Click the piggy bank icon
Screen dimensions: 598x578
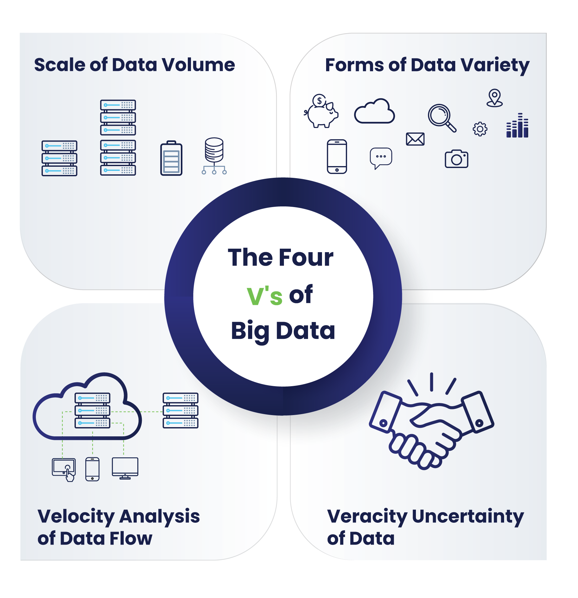[x=321, y=112]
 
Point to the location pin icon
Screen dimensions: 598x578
[x=495, y=98]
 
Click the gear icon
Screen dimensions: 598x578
[x=480, y=129]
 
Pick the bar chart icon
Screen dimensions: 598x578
[x=517, y=126]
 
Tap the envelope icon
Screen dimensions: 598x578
[x=415, y=139]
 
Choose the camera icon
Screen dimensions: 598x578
[x=456, y=159]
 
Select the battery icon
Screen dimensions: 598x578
[x=171, y=158]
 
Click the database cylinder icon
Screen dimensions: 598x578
[x=214, y=156]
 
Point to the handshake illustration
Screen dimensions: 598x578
[x=431, y=422]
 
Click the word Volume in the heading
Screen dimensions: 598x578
[x=199, y=65]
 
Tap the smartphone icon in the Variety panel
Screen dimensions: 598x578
[x=337, y=157]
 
